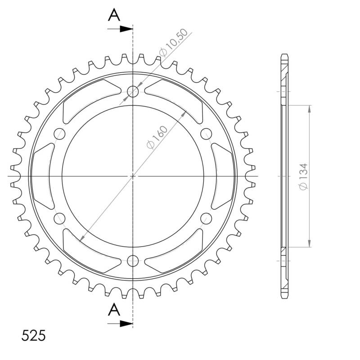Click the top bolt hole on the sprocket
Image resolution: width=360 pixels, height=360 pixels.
pos(133,92)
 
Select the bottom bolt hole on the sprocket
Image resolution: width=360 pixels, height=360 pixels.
pos(133,260)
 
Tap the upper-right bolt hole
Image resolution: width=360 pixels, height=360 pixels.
pos(206,133)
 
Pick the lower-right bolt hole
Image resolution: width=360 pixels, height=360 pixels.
pos(206,219)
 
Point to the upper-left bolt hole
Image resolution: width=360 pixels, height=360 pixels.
pos(59,134)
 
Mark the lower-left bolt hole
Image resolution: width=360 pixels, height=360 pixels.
pos(59,219)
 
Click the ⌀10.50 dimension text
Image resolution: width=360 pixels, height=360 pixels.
pos(170,47)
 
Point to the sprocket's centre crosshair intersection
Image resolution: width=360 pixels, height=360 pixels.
pos(133,176)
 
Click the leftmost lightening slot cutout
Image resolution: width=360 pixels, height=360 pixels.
pos(43,176)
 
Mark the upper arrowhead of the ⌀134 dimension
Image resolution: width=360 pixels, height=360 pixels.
pos(309,108)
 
